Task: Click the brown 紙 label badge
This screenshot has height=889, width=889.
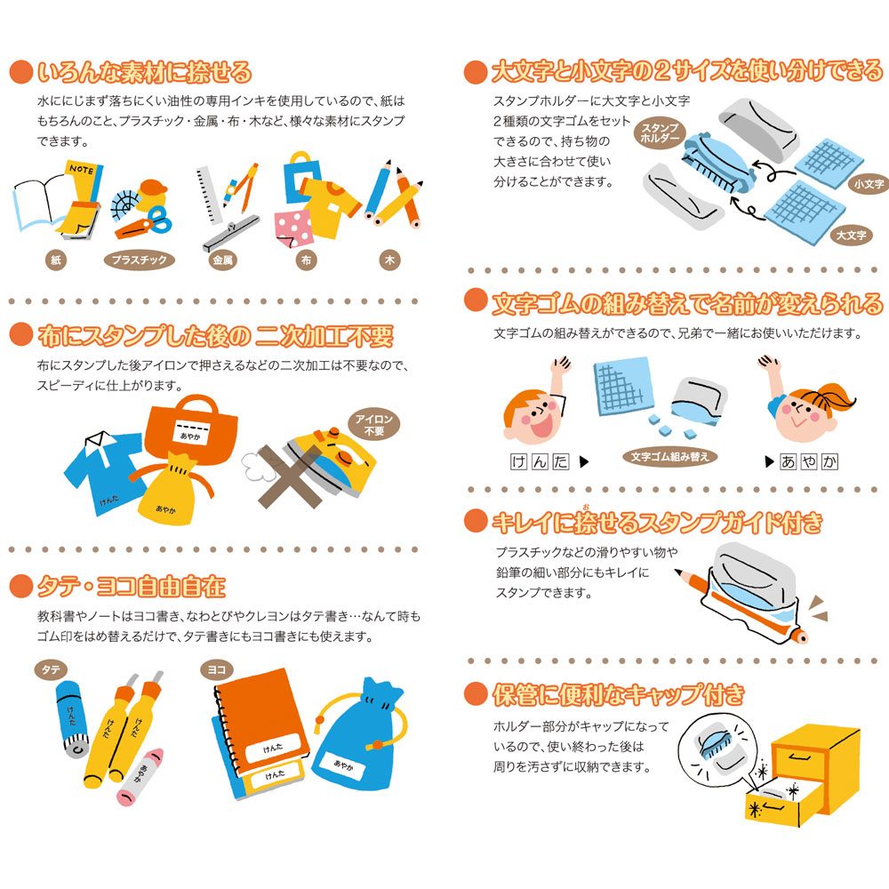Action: (x=55, y=260)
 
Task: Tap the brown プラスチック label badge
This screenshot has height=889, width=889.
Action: (x=139, y=260)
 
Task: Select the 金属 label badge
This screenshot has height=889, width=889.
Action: (x=222, y=260)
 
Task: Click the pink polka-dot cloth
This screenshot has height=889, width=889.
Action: (x=292, y=228)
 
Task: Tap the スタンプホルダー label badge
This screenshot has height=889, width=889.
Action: (x=660, y=132)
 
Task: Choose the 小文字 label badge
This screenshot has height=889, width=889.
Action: (x=869, y=184)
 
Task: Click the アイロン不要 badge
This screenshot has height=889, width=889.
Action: (x=373, y=425)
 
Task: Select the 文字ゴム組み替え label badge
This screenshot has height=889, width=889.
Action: (x=669, y=456)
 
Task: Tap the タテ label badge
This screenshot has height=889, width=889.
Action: (x=51, y=669)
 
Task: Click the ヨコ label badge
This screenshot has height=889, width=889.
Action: (x=217, y=669)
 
